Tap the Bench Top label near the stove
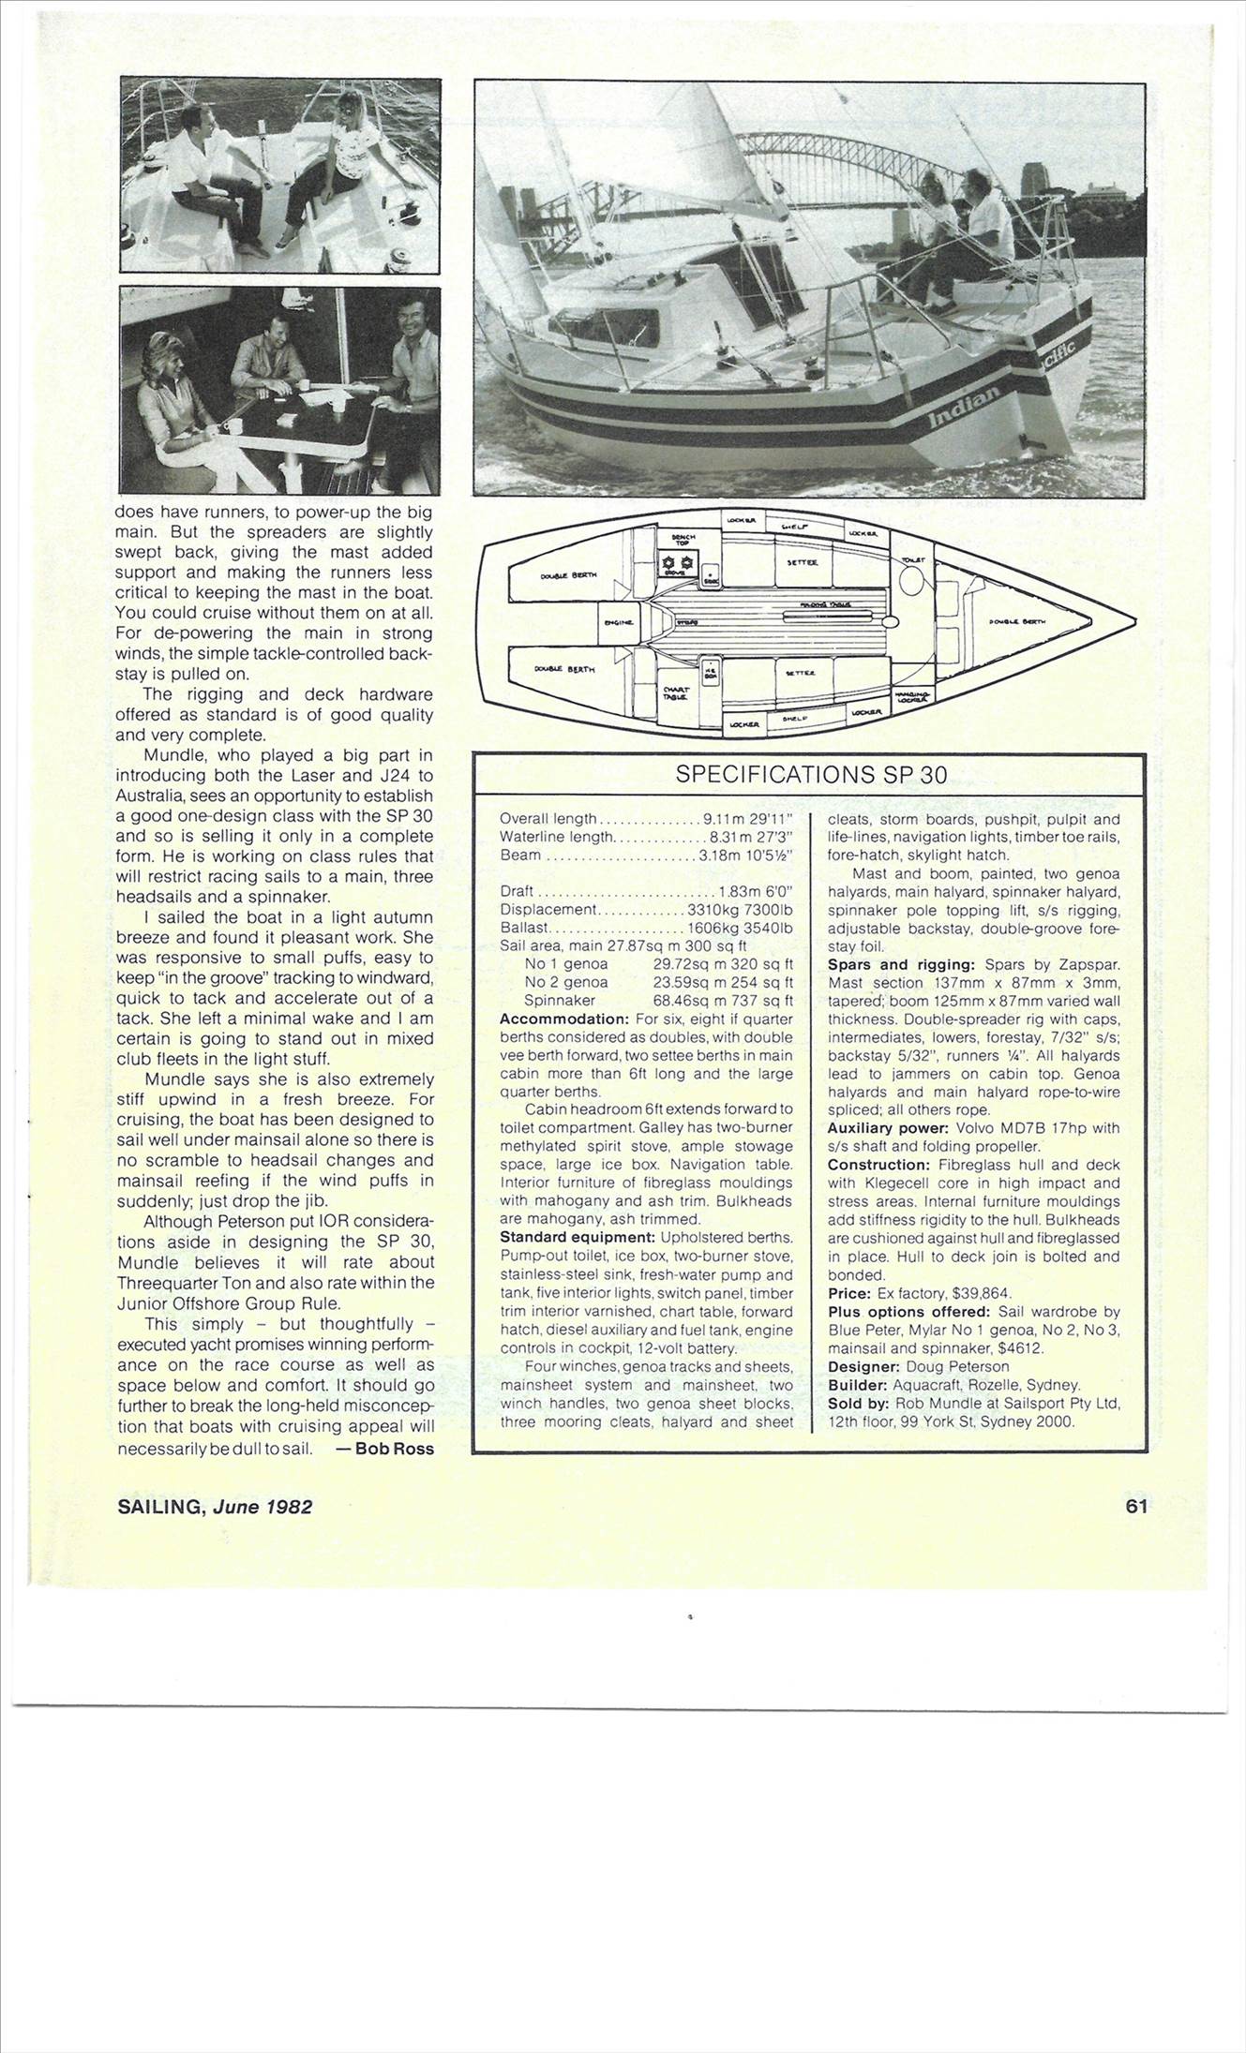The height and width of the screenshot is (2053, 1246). coord(682,539)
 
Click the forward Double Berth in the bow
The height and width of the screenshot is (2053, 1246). coord(1018,621)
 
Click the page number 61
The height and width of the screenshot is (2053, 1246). coord(1136,1506)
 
